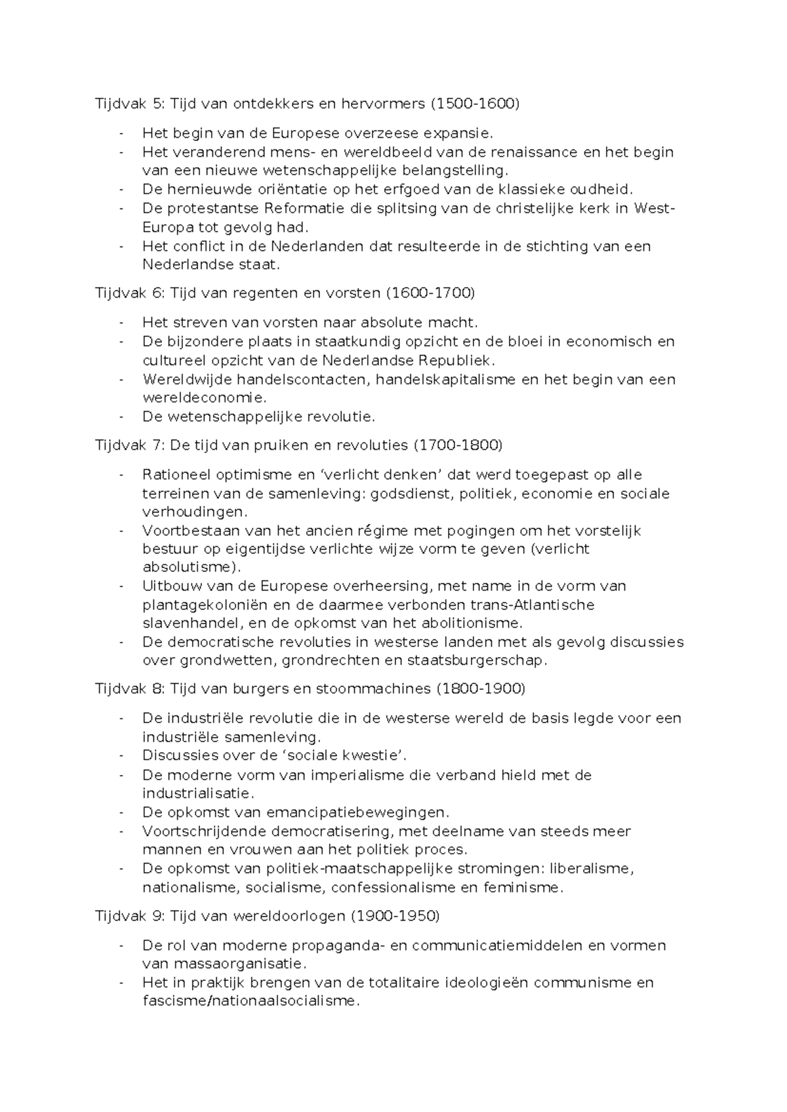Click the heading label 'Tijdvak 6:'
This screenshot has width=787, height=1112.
coord(130,292)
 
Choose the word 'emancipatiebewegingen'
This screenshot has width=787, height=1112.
coord(357,812)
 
